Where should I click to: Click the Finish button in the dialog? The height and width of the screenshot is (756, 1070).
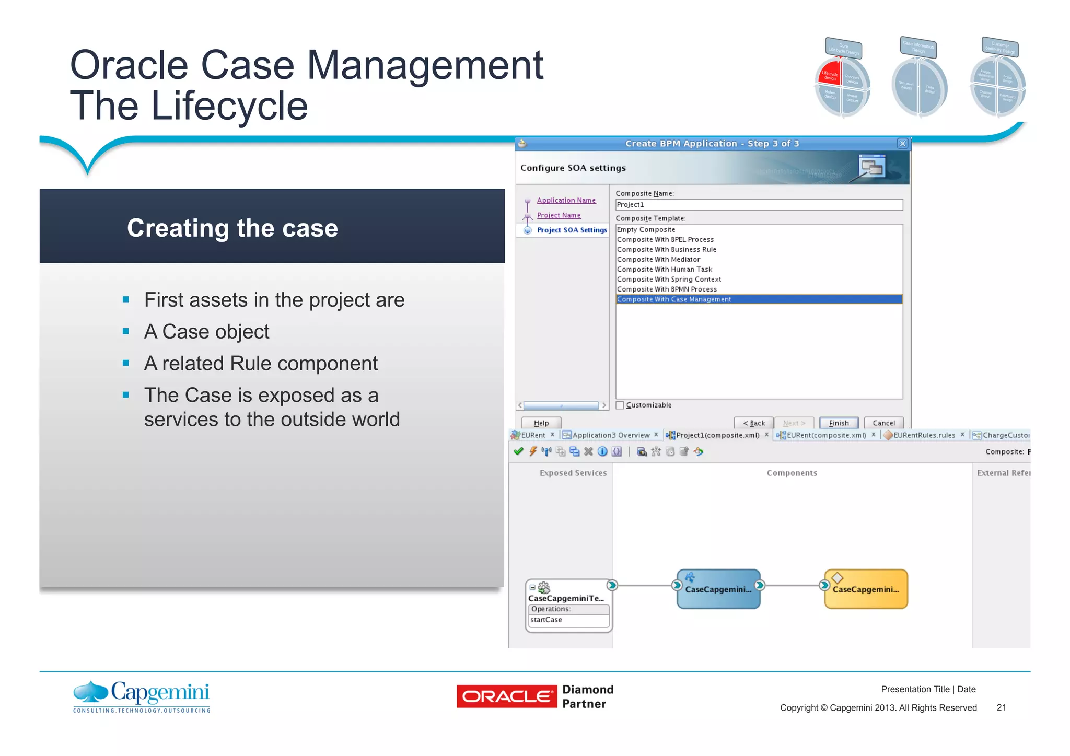coord(839,423)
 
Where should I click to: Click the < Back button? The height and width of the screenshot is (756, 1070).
coord(753,423)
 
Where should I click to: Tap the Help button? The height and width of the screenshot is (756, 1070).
coord(541,423)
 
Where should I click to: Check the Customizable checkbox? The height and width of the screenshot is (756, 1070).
coord(620,405)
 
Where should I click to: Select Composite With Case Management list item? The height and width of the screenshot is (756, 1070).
coord(674,299)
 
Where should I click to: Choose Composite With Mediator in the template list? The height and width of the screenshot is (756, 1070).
coord(658,260)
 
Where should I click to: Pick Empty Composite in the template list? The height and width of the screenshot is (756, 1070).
coord(646,230)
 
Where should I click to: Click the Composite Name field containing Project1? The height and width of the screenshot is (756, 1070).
coord(759,205)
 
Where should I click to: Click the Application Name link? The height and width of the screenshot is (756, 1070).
coord(566,201)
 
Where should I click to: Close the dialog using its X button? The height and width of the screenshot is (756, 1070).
coord(902,144)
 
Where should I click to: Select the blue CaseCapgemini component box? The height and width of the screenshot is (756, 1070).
coord(718,589)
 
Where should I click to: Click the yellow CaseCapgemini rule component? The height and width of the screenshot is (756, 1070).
coord(866,589)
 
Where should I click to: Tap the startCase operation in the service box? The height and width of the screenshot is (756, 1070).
coord(546,620)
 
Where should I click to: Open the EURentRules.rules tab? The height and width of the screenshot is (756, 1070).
coord(924,435)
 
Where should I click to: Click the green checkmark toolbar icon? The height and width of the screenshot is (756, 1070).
coord(518,451)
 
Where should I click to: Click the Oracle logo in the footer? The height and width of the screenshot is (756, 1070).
coord(506,696)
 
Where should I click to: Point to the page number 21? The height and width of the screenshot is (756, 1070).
coord(1001,707)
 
